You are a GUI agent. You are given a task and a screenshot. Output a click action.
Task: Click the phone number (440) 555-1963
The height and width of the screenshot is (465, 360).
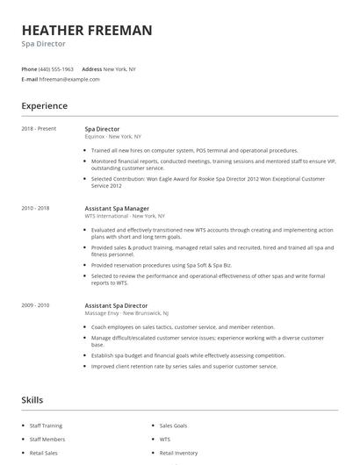(x=56, y=68)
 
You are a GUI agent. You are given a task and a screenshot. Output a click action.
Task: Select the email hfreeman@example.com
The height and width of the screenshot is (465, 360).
(x=69, y=79)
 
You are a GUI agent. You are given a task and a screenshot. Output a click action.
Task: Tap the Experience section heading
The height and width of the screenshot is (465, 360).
(x=45, y=106)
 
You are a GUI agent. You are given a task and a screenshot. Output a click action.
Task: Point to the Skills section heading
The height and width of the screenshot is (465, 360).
(x=32, y=400)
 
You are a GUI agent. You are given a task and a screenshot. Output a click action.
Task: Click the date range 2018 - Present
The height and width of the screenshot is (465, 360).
(x=39, y=129)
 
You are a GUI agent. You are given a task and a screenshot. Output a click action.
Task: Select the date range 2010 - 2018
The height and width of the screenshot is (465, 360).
(x=35, y=208)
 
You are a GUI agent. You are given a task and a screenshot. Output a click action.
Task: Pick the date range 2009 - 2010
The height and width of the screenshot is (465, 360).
(x=35, y=305)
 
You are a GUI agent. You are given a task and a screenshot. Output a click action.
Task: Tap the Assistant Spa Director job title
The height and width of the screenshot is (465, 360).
(x=117, y=305)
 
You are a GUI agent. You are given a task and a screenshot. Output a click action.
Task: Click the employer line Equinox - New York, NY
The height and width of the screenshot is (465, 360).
(x=112, y=137)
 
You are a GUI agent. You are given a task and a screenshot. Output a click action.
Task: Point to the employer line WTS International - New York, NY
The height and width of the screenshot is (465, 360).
(x=124, y=216)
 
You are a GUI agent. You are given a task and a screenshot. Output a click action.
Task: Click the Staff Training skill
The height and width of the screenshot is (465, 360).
(x=46, y=426)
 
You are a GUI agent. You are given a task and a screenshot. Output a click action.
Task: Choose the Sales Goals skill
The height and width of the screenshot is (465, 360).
(x=174, y=426)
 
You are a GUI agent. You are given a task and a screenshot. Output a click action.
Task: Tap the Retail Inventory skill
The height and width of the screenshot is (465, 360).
(x=178, y=454)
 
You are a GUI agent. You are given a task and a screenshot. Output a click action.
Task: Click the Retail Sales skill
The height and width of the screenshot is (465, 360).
(x=43, y=454)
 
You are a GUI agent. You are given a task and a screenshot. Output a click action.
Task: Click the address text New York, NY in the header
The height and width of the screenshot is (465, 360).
(x=119, y=68)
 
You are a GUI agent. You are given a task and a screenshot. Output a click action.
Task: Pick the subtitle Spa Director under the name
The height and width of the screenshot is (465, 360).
(x=44, y=44)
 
